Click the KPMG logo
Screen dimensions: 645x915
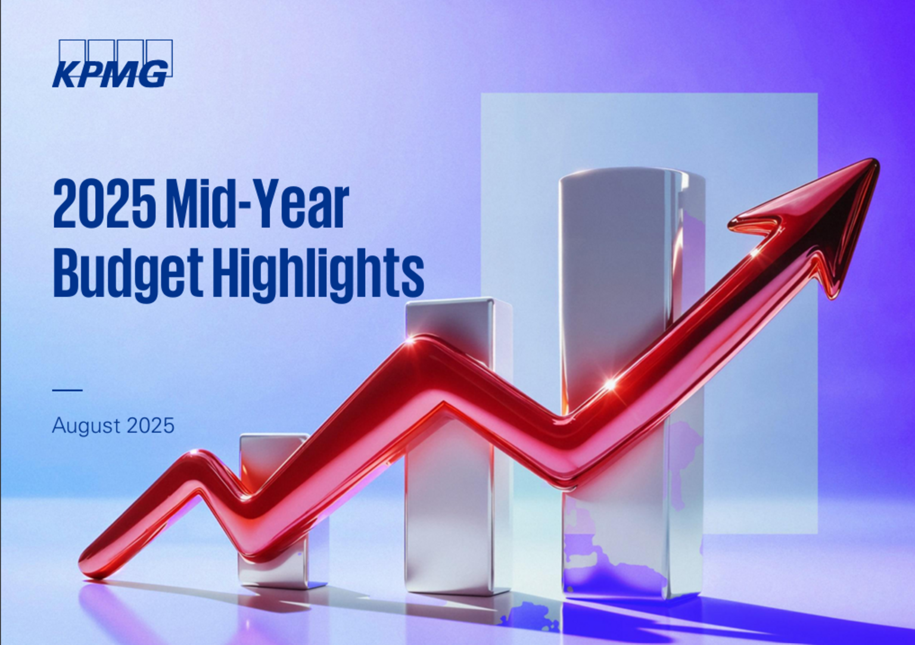click(112, 64)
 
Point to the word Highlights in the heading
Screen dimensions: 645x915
click(319, 274)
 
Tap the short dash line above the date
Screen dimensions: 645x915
click(67, 390)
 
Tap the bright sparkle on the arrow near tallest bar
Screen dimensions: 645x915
click(610, 384)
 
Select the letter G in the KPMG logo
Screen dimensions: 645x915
click(156, 74)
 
